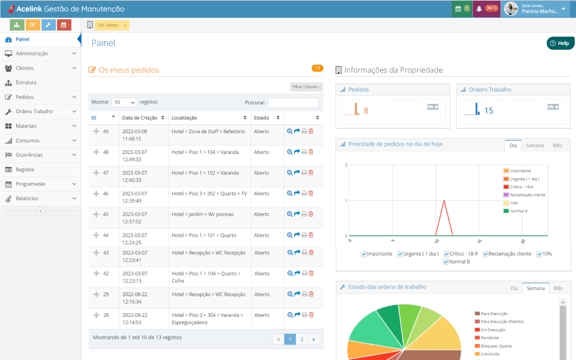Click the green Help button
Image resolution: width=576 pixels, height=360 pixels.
560,43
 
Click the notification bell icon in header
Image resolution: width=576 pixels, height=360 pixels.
479,8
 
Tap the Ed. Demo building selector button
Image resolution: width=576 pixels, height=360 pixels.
108,25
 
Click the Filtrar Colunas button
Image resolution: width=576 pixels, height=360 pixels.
306,87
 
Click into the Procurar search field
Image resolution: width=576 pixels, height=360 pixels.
293,103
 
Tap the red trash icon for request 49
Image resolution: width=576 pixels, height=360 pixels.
311,131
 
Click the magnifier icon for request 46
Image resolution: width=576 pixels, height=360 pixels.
290,193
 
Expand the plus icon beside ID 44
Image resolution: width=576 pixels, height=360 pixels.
96,235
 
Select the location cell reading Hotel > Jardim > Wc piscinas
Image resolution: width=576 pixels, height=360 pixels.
203,214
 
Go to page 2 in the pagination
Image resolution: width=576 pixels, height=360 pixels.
302,339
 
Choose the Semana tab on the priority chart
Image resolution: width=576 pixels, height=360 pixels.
534,146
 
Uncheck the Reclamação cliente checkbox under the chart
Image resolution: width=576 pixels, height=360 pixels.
486,254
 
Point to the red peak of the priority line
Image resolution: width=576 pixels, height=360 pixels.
444,201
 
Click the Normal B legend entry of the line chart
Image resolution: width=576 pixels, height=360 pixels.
518,211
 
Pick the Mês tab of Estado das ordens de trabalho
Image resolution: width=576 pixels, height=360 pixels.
558,288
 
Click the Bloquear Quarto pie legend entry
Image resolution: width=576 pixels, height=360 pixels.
496,346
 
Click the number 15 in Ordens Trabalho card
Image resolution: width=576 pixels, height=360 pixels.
489,111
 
